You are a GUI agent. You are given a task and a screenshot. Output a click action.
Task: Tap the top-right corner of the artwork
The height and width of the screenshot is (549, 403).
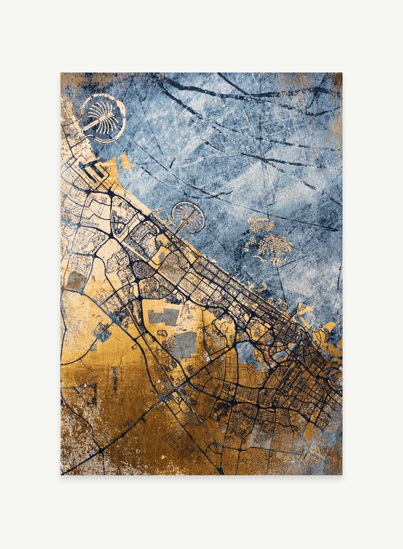coord(342,73)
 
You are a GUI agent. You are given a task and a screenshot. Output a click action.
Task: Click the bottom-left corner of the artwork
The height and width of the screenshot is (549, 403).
coord(61,475)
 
